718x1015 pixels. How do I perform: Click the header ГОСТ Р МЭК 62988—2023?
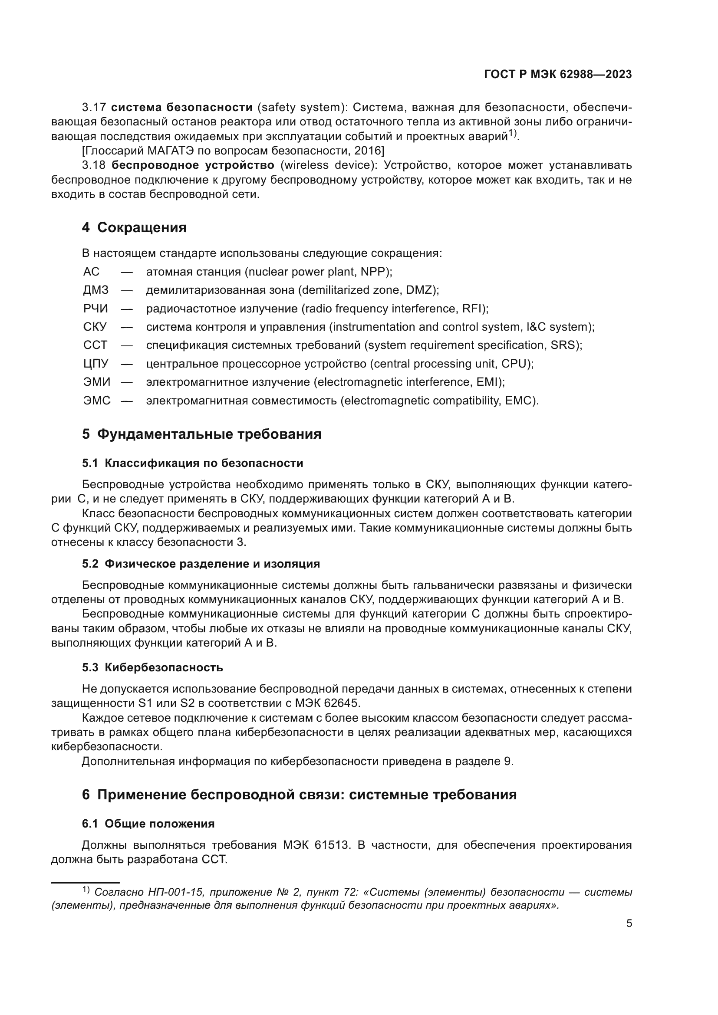tap(558, 74)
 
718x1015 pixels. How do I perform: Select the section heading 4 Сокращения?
tap(134, 228)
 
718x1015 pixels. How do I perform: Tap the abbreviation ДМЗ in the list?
tap(96, 290)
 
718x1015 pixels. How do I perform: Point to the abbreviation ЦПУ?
tap(96, 364)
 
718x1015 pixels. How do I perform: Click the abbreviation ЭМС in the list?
tap(97, 401)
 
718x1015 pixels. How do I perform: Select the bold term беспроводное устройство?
tap(193, 165)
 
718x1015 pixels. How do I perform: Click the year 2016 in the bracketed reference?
tap(368, 151)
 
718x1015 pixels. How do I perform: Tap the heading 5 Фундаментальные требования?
tap(201, 434)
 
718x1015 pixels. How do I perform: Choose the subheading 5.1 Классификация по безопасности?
tap(192, 463)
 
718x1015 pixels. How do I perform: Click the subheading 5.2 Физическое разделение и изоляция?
tap(201, 564)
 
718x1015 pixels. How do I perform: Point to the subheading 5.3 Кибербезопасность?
tap(152, 667)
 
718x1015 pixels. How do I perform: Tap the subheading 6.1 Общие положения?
tap(148, 824)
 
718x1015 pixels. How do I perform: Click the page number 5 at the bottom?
tap(629, 923)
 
